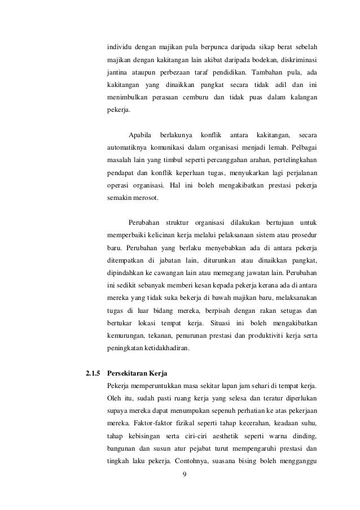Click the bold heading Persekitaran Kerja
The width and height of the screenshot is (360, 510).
tap(138, 373)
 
